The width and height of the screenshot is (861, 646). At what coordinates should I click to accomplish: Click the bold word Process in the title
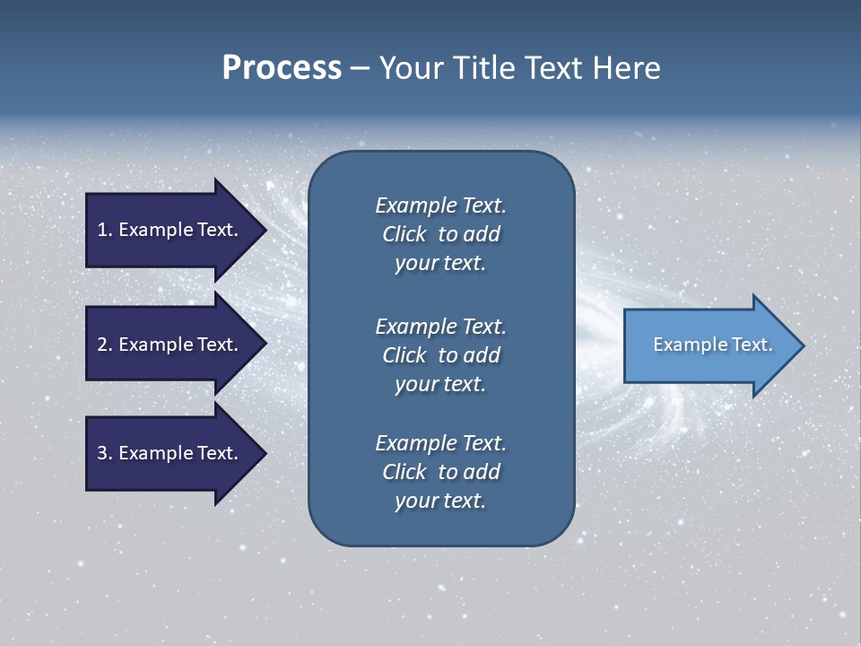(282, 68)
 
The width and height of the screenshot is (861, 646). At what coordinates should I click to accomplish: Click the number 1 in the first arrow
(102, 230)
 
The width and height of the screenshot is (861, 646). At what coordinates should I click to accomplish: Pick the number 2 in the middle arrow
(102, 345)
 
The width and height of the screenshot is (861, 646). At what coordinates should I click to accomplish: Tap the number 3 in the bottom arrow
(102, 453)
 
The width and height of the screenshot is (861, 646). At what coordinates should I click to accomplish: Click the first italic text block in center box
(440, 234)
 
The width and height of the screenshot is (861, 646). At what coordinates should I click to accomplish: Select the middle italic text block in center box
(440, 355)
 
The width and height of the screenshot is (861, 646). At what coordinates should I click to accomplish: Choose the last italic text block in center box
(440, 472)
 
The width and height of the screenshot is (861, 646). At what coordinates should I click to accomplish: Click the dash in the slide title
(360, 68)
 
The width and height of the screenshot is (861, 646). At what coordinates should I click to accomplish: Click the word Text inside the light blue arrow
(752, 345)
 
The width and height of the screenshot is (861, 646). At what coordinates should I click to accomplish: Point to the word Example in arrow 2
(153, 345)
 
